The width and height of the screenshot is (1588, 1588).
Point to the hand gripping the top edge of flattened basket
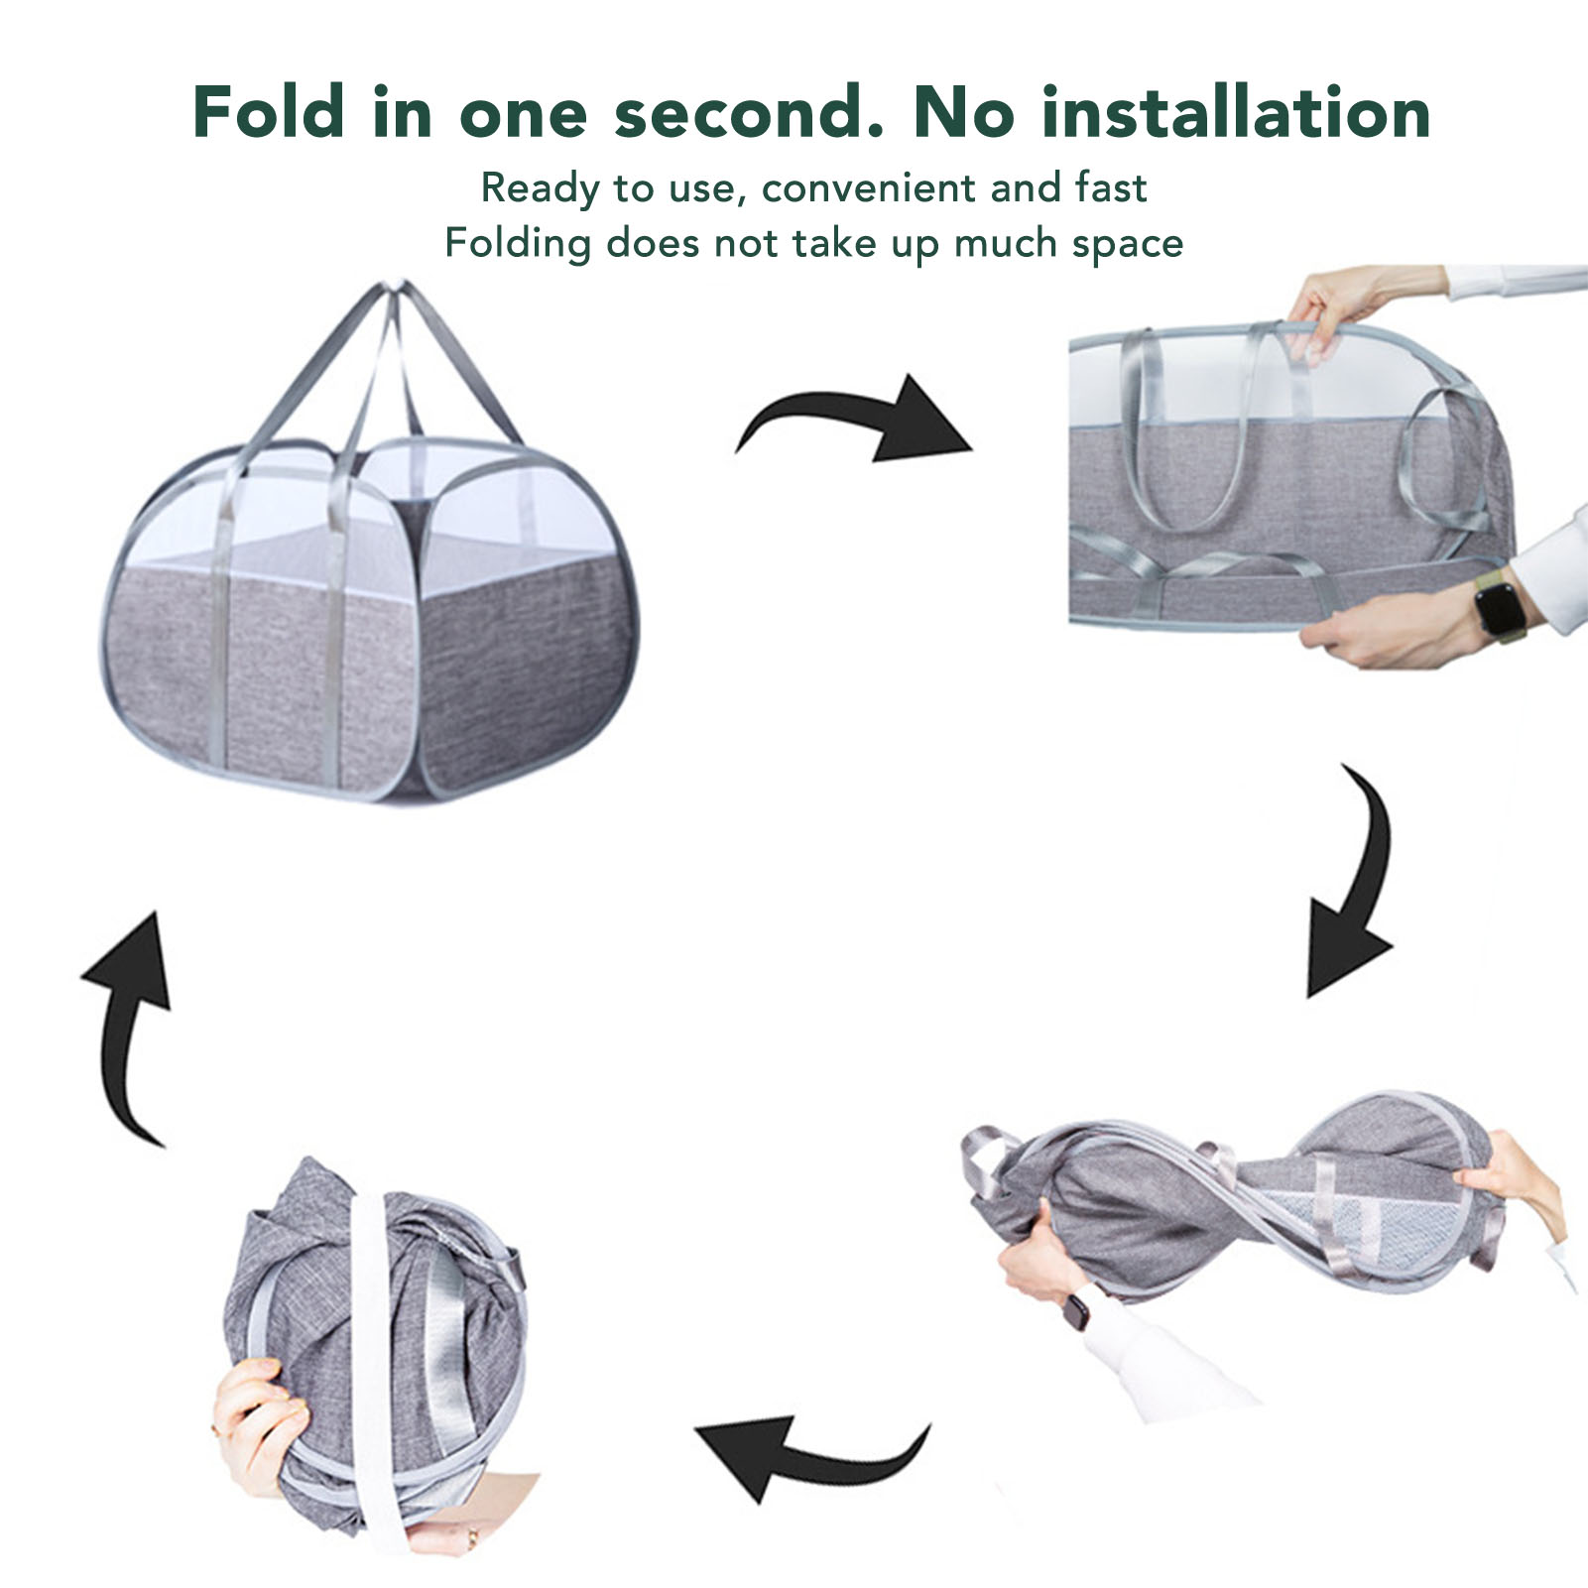click(1324, 297)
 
